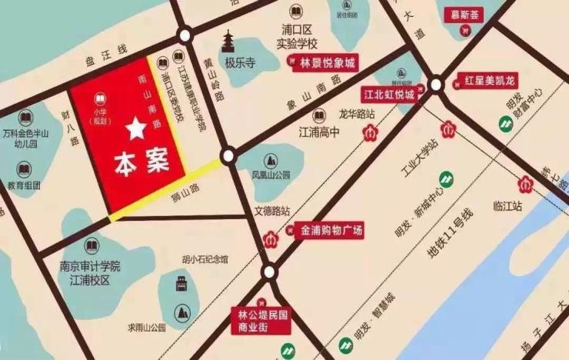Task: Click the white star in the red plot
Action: click(x=136, y=128)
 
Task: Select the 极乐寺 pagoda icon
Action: click(x=229, y=42)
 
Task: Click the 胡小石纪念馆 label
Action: click(x=204, y=259)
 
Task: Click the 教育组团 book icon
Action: click(x=23, y=169)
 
